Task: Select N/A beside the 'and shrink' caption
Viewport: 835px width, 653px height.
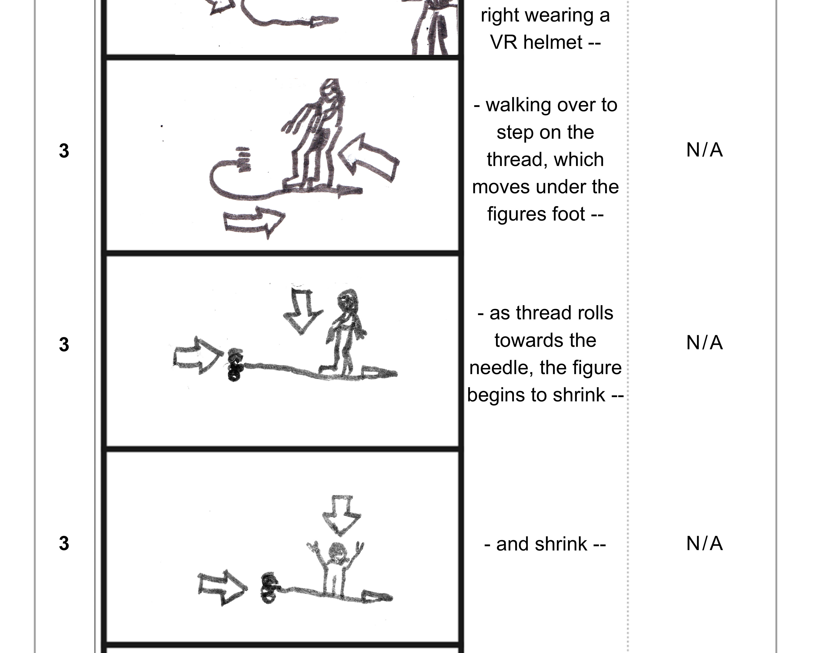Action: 704,543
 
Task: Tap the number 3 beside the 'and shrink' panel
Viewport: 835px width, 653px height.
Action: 64,543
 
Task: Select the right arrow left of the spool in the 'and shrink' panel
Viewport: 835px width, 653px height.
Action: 222,587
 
